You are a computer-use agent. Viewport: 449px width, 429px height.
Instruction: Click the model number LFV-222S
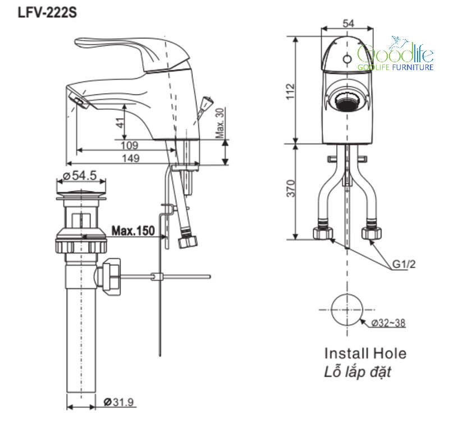coord(47,12)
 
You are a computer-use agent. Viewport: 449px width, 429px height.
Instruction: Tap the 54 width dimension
coord(348,23)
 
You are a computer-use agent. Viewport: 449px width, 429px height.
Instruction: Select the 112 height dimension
coord(290,91)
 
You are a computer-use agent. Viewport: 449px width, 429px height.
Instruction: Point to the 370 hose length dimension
coord(291,188)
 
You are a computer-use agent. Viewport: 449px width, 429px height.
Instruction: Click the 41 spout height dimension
coord(121,122)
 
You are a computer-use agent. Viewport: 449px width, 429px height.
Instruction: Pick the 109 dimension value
coord(130,145)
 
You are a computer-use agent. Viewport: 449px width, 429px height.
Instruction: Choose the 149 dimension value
coord(131,158)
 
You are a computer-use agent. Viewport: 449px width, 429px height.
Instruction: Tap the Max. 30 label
coord(220,123)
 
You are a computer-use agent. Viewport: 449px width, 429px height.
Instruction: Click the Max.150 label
coord(133,230)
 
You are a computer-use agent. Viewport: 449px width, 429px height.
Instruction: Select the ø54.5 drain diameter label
coord(80,176)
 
